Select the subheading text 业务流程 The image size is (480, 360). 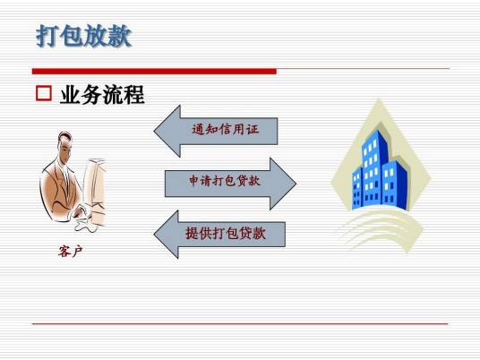coord(102,94)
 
